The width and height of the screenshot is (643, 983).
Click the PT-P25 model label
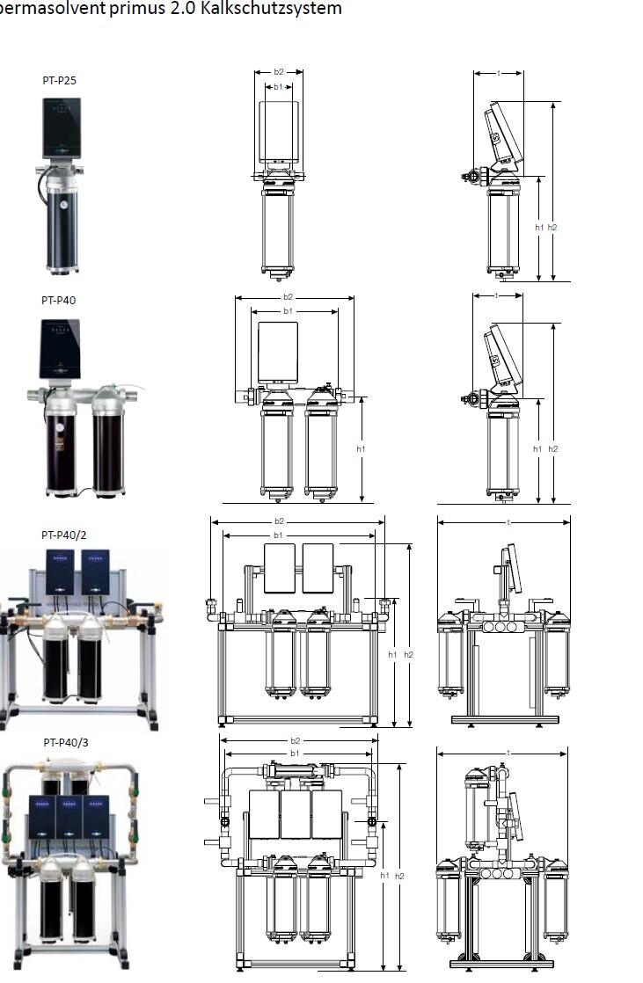pos(60,80)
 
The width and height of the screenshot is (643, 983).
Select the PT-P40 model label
pos(59,300)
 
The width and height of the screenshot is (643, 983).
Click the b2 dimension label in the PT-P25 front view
pos(279,72)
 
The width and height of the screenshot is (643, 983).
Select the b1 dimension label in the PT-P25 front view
pos(278,87)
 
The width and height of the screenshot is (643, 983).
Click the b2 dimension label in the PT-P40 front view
pos(288,297)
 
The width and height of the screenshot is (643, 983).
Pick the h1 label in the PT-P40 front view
pos(361,448)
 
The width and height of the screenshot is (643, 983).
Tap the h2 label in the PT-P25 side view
pos(552,227)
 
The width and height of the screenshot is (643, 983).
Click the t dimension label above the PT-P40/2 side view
pos(508,521)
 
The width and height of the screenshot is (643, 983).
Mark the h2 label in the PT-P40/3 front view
pos(399,876)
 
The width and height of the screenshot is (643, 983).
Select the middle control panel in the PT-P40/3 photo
pos(69,817)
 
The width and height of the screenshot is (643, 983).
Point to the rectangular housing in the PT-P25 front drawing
pos(279,130)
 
